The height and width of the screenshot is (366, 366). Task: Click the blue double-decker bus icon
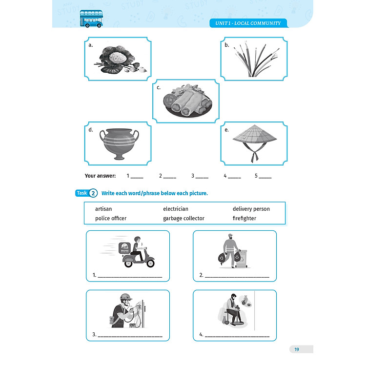click(91, 19)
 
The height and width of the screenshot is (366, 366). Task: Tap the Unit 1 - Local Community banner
click(248, 23)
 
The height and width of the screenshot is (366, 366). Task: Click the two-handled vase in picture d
click(119, 143)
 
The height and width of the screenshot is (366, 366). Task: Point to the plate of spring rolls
click(187, 101)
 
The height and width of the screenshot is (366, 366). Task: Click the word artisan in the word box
click(103, 209)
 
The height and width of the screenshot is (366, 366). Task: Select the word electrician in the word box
click(176, 209)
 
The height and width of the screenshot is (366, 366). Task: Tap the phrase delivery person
click(251, 209)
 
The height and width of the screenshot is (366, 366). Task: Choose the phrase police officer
click(111, 218)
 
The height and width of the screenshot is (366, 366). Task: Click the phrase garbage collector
click(183, 219)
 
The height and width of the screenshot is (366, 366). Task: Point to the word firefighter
click(244, 218)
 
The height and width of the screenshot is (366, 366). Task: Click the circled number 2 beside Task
click(93, 193)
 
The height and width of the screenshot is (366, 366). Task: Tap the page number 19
click(297, 349)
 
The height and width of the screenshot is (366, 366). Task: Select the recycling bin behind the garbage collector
click(242, 259)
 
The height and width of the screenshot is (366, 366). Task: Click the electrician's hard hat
click(126, 297)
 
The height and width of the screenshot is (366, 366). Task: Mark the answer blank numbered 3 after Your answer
click(200, 176)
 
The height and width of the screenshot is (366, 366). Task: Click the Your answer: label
click(100, 176)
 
